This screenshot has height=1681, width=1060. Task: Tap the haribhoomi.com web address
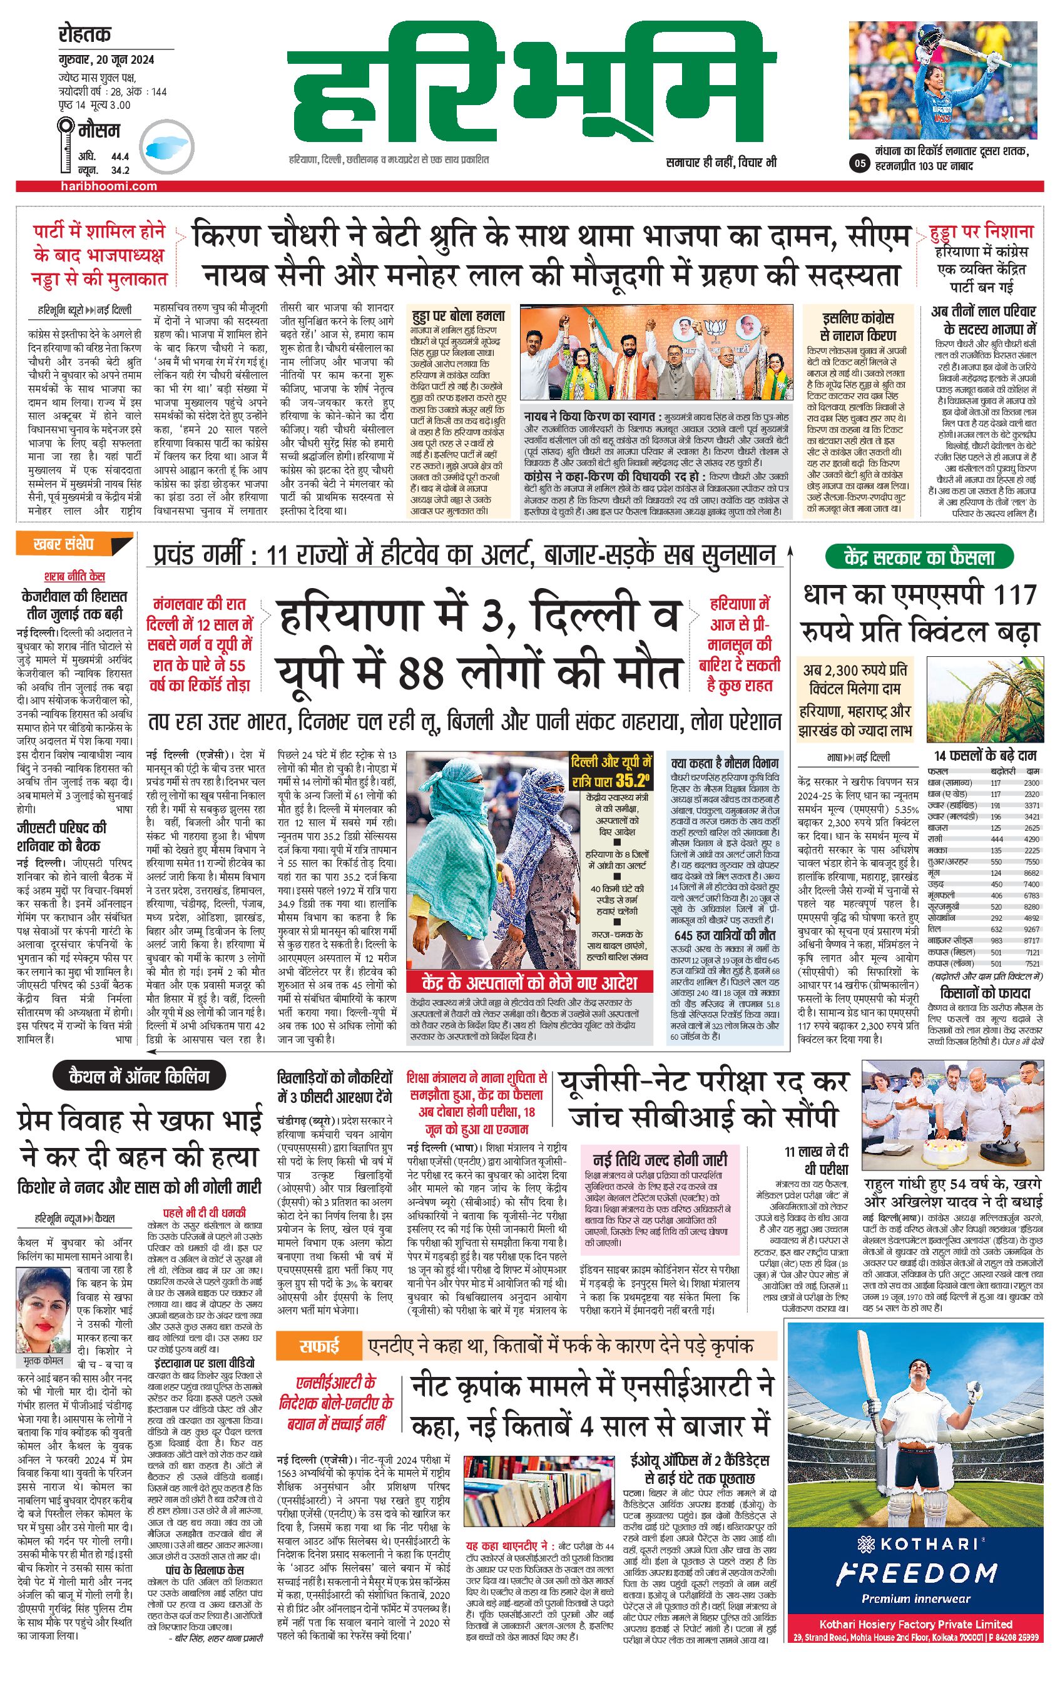[x=108, y=186]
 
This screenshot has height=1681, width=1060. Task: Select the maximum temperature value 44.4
[x=120, y=156]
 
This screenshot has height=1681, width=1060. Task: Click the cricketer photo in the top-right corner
[x=943, y=79]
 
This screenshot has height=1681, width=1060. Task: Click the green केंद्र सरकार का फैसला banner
[x=919, y=557]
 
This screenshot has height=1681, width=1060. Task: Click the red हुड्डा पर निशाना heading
[x=981, y=231]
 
